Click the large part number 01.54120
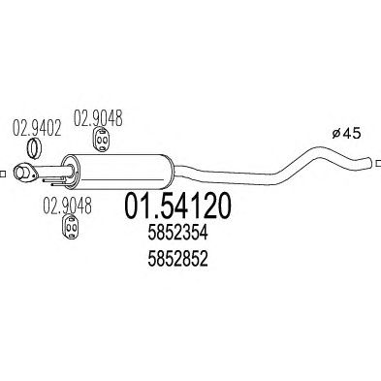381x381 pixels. coord(178,206)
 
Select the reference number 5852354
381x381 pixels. coord(177,233)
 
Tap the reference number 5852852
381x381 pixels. coord(177,259)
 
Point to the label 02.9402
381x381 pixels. coord(37,128)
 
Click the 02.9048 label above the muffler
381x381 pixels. coord(98,118)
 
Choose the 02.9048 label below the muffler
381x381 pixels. coord(67,206)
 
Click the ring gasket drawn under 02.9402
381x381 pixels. coord(34,148)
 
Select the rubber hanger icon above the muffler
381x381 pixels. coord(101,139)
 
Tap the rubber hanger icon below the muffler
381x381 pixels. coord(70,227)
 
